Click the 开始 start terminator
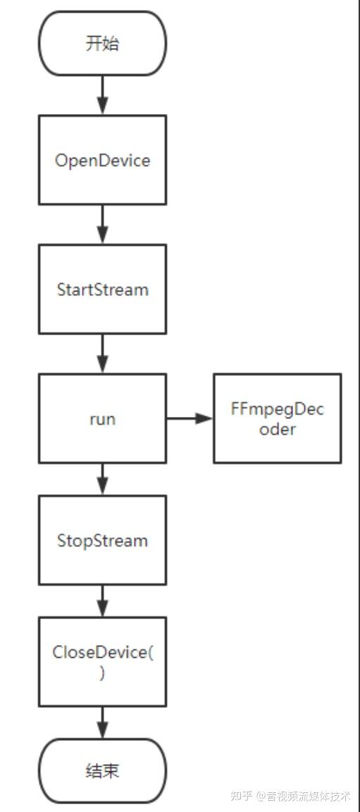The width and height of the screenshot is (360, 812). pos(102,43)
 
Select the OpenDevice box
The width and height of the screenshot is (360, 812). pos(102,160)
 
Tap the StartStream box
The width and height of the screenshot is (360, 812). pos(102,289)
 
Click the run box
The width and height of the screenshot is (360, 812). pos(102,418)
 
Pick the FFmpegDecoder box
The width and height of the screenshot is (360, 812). pos(277,418)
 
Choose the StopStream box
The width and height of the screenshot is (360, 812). pos(102,540)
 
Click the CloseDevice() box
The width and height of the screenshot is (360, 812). pos(102,661)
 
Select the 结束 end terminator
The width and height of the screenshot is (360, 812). pos(102,770)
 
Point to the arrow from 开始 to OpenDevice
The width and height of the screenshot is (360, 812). pos(103,95)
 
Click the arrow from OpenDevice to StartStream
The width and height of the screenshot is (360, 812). pos(103,225)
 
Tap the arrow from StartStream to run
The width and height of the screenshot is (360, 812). pos(103,354)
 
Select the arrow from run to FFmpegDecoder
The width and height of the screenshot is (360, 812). pos(190,418)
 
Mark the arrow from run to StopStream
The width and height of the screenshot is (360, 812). pos(103,479)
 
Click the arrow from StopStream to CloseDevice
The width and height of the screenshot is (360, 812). pos(103,600)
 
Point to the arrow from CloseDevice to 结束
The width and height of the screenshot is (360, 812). pos(103,722)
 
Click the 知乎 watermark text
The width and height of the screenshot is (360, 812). pos(242,796)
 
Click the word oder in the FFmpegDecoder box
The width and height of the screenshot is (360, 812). pos(278,429)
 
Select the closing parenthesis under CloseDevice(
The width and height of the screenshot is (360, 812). pos(103,673)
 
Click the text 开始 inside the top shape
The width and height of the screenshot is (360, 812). pos(102,43)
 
